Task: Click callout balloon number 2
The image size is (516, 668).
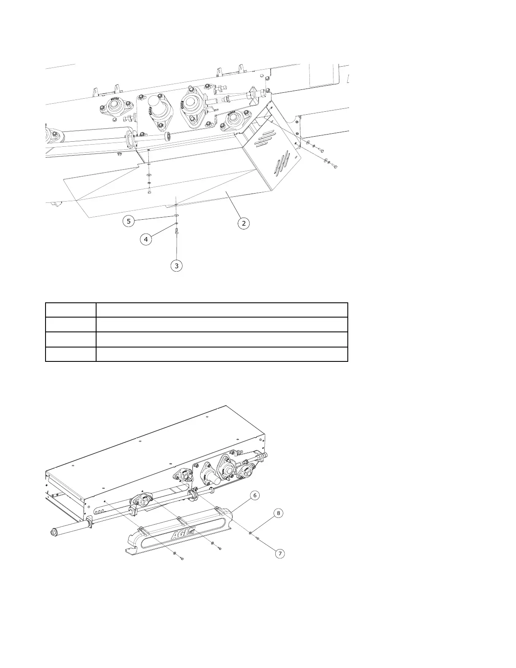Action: click(244, 223)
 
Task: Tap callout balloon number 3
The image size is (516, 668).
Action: click(177, 266)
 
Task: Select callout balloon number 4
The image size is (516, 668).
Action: click(146, 240)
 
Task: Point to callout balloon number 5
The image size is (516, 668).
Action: click(129, 221)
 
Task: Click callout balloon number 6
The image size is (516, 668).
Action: click(255, 495)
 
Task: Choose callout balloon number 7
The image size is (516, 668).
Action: click(279, 553)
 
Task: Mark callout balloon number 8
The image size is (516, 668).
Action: click(278, 513)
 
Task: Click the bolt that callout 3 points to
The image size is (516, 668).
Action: click(177, 231)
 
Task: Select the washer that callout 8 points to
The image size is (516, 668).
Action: click(251, 533)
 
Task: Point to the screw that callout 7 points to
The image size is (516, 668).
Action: click(258, 538)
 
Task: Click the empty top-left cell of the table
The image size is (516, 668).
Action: click(70, 310)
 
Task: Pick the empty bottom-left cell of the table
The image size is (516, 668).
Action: click(70, 354)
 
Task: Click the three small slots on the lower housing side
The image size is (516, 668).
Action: click(98, 512)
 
